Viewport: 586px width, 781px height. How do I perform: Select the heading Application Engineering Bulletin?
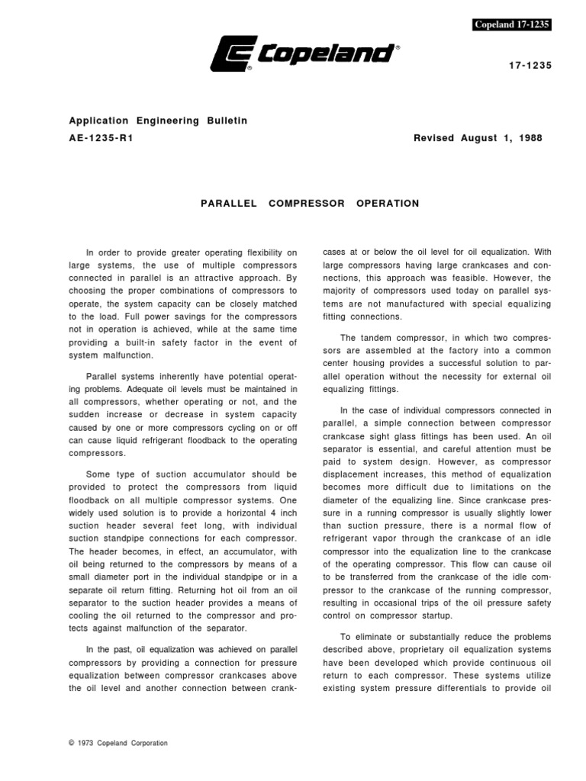[x=159, y=121]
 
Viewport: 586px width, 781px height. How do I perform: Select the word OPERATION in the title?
[x=388, y=204]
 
